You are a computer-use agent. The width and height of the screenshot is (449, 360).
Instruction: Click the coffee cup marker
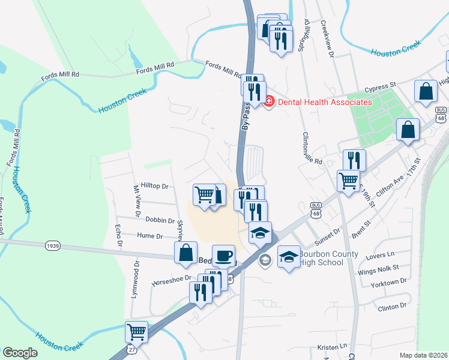[x=223, y=256]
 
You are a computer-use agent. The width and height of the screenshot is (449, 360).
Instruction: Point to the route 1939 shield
[x=52, y=245]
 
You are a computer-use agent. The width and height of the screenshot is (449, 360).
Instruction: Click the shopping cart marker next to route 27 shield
[x=137, y=332]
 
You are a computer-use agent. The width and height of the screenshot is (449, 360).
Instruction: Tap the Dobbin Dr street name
[x=158, y=221]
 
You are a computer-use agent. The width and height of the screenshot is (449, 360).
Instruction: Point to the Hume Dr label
[x=150, y=236]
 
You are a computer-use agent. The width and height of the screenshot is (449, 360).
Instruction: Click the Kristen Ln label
[x=333, y=347]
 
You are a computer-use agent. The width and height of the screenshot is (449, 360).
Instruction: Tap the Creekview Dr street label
[x=327, y=39]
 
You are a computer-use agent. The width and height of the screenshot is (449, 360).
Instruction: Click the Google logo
[x=20, y=353]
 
